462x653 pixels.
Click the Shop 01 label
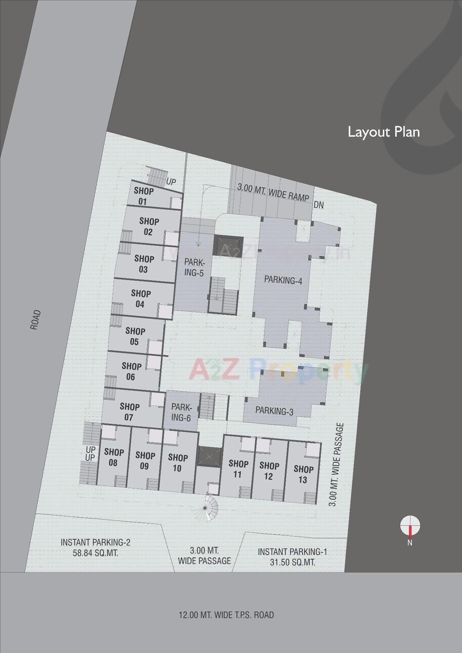click(x=143, y=196)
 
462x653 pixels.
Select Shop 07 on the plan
click(x=129, y=412)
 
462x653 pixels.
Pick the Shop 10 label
click(x=178, y=463)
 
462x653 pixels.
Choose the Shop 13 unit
click(x=303, y=474)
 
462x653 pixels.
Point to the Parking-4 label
click(x=283, y=280)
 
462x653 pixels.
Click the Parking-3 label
click(x=274, y=411)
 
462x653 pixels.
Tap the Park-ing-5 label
click(x=194, y=267)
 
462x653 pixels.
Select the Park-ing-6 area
click(x=181, y=412)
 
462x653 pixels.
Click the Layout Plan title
click(x=383, y=132)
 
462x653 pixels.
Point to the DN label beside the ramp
click(x=319, y=205)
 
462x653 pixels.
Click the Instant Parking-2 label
click(x=95, y=542)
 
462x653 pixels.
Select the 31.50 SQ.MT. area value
click(x=292, y=562)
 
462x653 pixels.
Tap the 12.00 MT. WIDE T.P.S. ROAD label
click(x=226, y=614)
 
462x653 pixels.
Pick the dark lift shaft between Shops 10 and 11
click(x=209, y=456)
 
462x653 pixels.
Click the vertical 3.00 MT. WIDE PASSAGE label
click(x=336, y=465)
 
